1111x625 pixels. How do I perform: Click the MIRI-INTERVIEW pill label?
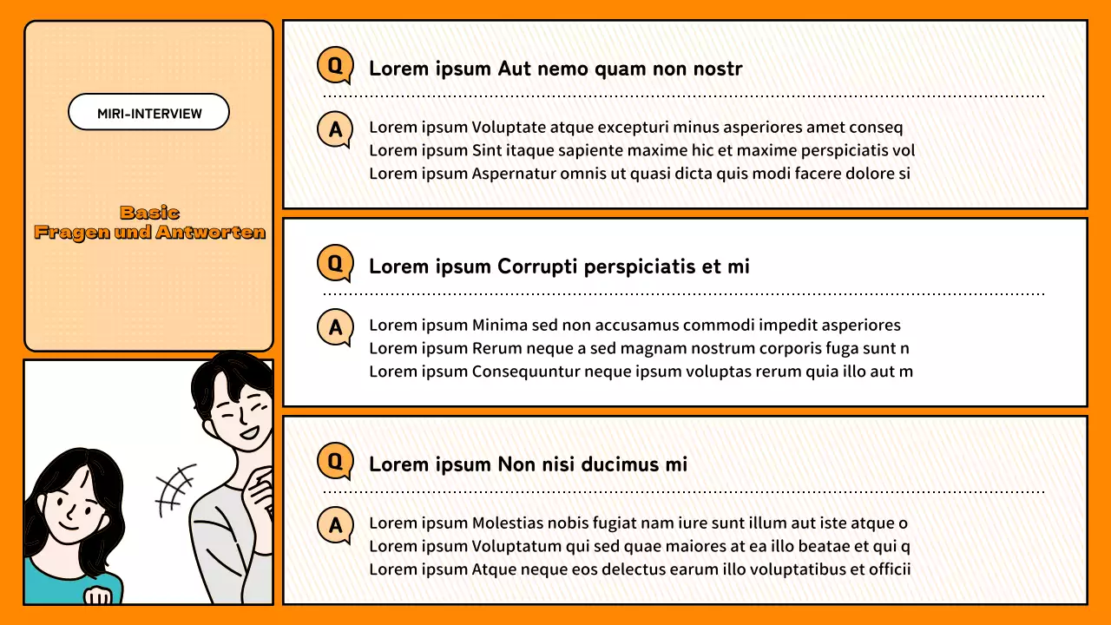click(148, 113)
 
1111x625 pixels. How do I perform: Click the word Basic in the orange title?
click(149, 213)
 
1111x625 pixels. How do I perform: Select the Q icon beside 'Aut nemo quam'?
click(335, 66)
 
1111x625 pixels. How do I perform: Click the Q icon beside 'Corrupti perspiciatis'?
click(335, 264)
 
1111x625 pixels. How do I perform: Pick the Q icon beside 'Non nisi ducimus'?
click(335, 462)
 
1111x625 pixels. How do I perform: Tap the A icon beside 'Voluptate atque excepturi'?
click(335, 130)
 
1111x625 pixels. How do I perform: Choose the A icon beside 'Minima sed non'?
click(335, 328)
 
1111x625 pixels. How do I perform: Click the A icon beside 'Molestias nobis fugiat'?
click(335, 526)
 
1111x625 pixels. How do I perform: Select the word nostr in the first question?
click(717, 69)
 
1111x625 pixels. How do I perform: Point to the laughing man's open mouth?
click(250, 431)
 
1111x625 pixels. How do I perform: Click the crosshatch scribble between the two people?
click(175, 489)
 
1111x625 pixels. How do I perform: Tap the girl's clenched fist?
click(100, 595)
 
